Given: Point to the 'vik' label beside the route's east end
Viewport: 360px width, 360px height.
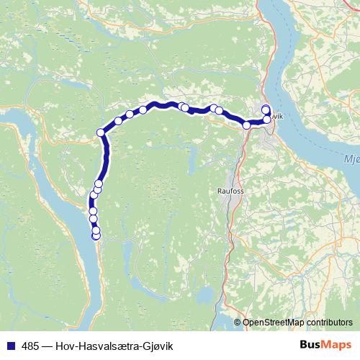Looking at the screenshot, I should (279, 116).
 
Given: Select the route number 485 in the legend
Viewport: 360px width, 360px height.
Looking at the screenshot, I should (31, 346).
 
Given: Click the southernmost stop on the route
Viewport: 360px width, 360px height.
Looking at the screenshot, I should (96, 236).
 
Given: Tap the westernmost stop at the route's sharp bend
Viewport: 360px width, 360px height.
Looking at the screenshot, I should (101, 132).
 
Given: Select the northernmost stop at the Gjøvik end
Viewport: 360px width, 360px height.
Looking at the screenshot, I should (266, 109).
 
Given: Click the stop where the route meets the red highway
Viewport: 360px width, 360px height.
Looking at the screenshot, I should (247, 125).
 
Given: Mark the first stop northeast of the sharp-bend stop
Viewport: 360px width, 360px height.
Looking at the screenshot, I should (118, 120).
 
